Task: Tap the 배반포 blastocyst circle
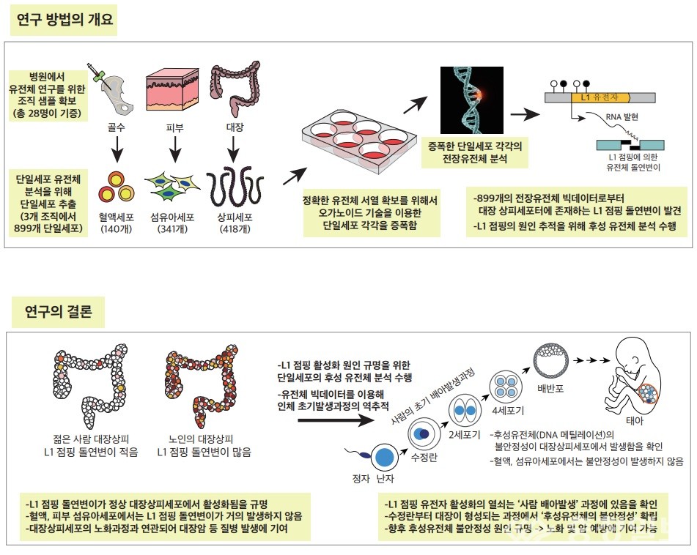[550, 359]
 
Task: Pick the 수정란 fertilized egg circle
[423, 433]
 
